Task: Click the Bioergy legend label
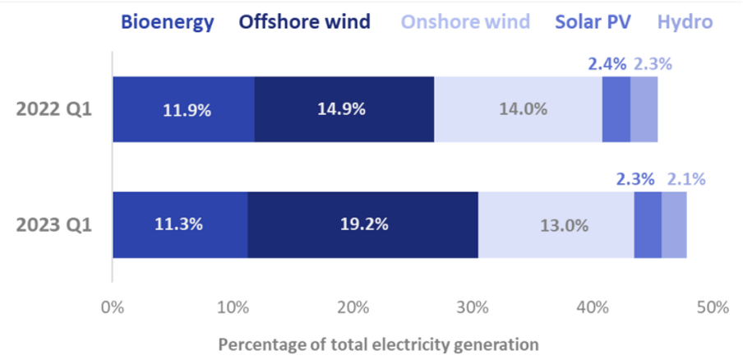pyautogui.click(x=168, y=22)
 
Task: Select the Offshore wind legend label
pyautogui.click(x=304, y=22)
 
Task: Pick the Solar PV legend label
pyautogui.click(x=593, y=22)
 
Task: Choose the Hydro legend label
pyautogui.click(x=685, y=22)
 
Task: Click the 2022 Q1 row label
pyautogui.click(x=53, y=109)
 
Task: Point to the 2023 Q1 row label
pyautogui.click(x=53, y=225)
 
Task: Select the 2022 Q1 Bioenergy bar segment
pyautogui.click(x=183, y=109)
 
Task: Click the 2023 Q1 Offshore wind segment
pyautogui.click(x=362, y=225)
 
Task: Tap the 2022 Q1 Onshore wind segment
pyautogui.click(x=518, y=109)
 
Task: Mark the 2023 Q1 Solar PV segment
pyautogui.click(x=648, y=225)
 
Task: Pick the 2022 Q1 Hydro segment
pyautogui.click(x=644, y=109)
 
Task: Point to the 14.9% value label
pyautogui.click(x=344, y=109)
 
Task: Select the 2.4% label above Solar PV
pyautogui.click(x=607, y=63)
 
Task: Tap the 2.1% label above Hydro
pyautogui.click(x=685, y=179)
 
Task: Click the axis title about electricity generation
pyautogui.click(x=378, y=344)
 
